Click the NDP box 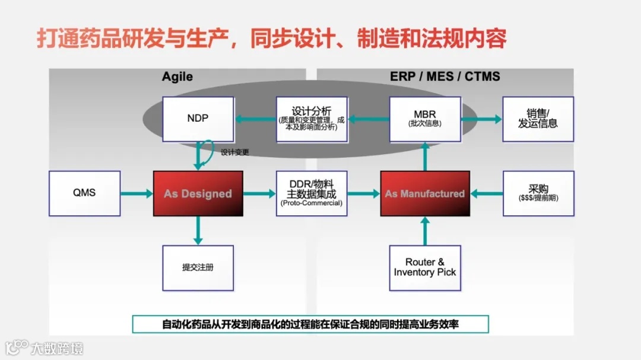(x=198, y=119)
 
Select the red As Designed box (x=198, y=193)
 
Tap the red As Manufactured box (x=424, y=193)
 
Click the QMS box (x=84, y=193)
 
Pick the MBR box (x=424, y=119)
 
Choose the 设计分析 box (x=311, y=119)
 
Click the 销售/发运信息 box (x=538, y=119)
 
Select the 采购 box (x=538, y=193)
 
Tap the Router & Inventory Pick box (x=424, y=267)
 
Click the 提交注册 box (x=198, y=267)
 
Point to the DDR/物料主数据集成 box (x=311, y=193)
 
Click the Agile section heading (x=177, y=77)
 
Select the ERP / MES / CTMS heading (x=445, y=77)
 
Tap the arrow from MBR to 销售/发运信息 (x=481, y=119)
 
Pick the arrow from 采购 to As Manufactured (x=486, y=193)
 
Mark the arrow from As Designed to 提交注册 (x=198, y=230)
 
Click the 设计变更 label (x=235, y=152)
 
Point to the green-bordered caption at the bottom (x=310, y=324)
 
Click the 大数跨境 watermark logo (x=45, y=347)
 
